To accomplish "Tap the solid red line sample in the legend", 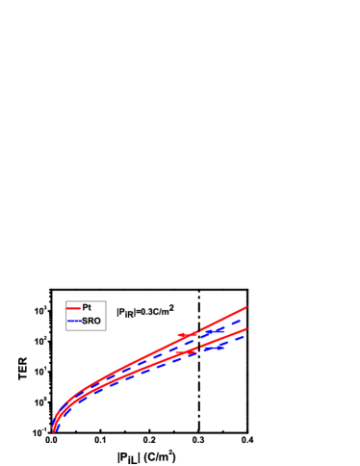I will coord(73,307).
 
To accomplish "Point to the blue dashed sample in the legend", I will coord(73,321).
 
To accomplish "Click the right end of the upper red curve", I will coord(247,307).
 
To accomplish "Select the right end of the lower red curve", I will coord(247,328).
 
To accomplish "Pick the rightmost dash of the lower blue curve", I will coord(241,336).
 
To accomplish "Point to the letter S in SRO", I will coord(85,321).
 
